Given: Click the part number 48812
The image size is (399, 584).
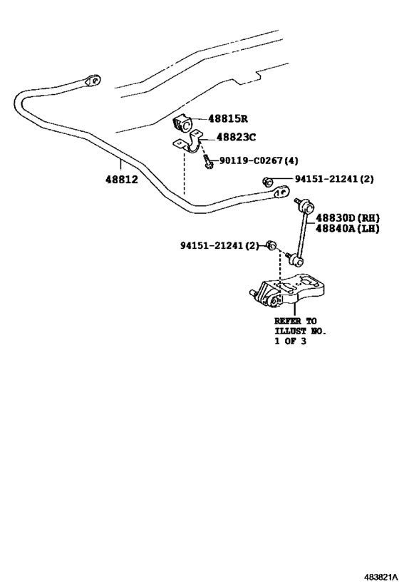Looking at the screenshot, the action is coord(121,180).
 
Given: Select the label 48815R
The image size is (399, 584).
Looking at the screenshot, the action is coord(228,119).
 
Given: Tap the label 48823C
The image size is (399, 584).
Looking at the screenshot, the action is coord(236,138).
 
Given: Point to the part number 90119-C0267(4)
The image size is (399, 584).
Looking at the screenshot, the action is coord(259,160).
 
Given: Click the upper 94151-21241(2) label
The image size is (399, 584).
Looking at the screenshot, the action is coord(334,179).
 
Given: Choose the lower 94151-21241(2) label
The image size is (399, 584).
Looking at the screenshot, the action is coord(219,246).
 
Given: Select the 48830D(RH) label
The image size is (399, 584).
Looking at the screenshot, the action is coord(348,218).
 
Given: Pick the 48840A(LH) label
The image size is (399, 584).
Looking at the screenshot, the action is coord(348,229).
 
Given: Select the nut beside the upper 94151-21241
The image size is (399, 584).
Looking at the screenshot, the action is coord(266,181).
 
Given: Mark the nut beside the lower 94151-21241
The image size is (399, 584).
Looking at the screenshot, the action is coord(271,246).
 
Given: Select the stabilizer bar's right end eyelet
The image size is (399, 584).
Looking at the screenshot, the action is coord(281,193).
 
